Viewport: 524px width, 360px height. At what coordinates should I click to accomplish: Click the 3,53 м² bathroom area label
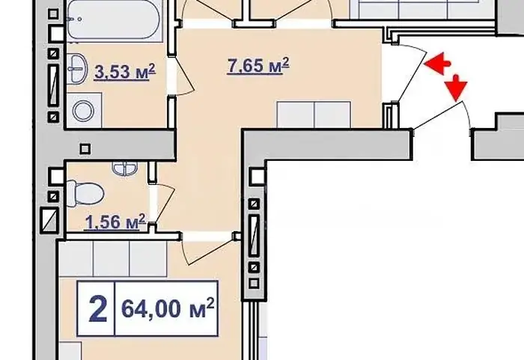tap(125, 72)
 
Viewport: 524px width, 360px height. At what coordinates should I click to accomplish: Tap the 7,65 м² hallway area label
tap(258, 65)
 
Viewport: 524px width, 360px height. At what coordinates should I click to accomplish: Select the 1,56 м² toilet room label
tap(115, 222)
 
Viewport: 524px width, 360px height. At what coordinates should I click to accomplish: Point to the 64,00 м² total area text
tap(168, 308)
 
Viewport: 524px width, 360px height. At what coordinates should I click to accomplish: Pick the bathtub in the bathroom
tap(114, 19)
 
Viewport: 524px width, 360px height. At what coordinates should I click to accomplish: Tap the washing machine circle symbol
tap(84, 111)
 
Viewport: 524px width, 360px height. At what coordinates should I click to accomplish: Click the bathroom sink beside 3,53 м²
tap(77, 69)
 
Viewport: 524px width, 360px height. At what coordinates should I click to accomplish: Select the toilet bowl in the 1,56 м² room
tap(85, 194)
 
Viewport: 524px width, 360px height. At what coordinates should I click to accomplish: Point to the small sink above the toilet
tap(124, 168)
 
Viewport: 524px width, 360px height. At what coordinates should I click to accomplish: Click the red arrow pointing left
tap(438, 63)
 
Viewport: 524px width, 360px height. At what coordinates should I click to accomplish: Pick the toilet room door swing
tap(165, 204)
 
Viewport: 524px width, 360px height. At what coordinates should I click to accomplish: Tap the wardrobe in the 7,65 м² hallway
tap(314, 115)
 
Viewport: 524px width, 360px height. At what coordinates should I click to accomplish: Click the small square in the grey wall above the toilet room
tap(85, 148)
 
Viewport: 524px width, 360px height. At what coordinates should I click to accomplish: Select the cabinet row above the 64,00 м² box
tap(113, 259)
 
